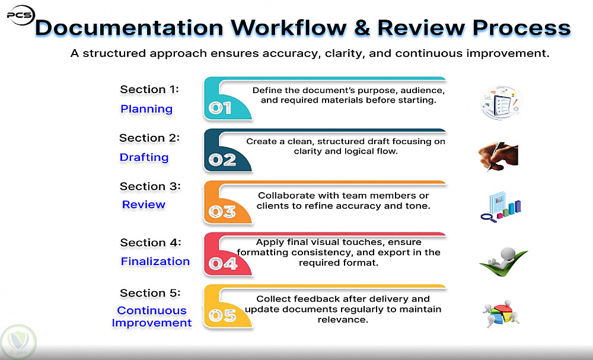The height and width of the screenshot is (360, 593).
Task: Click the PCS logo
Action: coord(21,15)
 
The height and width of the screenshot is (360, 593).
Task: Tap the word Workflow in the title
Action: coord(289,28)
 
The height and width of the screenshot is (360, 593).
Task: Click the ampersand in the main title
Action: coord(362,28)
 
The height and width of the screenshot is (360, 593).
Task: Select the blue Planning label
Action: coord(146,109)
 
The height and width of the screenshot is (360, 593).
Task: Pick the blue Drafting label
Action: coord(144,157)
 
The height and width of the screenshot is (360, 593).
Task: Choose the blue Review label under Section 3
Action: coord(144,205)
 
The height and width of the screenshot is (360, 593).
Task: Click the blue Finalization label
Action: coord(155,262)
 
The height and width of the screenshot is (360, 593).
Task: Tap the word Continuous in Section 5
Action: coord(152,310)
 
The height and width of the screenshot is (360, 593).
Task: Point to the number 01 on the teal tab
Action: coord(220,108)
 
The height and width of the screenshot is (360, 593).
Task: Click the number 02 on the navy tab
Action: coord(222,160)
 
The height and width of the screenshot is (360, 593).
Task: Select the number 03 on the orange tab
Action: coord(222,212)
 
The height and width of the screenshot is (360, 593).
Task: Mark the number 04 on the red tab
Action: coord(223,263)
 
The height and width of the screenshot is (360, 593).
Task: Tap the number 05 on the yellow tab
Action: coord(222,316)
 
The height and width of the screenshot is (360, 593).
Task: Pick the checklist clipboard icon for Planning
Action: coord(502,103)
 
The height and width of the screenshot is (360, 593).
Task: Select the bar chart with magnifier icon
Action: coord(501,207)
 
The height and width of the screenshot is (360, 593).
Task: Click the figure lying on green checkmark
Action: coord(503,262)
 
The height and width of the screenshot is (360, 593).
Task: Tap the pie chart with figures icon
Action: coord(500,314)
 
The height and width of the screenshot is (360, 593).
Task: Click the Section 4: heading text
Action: coord(151,243)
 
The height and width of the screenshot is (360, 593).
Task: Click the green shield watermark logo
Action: coord(18,342)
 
